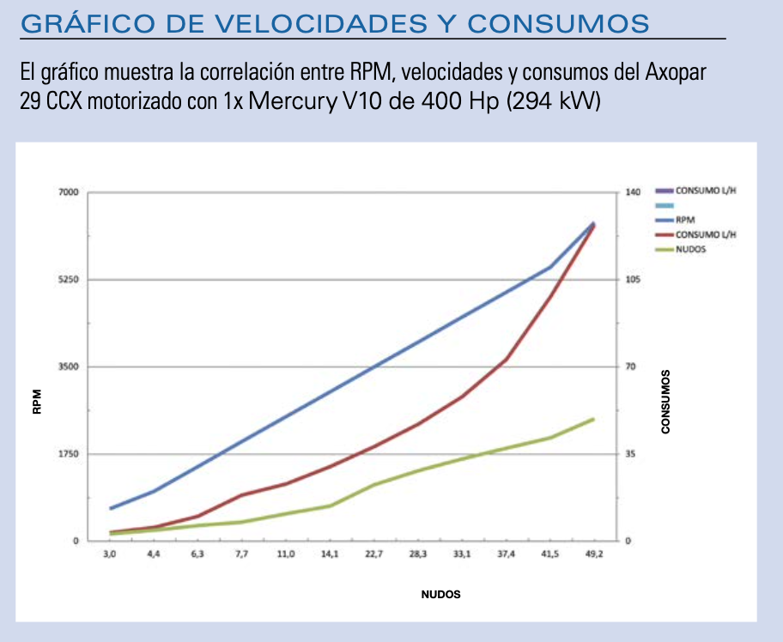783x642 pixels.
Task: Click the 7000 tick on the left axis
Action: [69, 192]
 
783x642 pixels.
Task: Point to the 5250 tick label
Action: [69, 280]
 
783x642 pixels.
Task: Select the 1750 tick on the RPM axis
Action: [69, 454]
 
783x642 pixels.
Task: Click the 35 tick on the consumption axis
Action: [629, 454]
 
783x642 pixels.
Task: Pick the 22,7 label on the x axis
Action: [373, 555]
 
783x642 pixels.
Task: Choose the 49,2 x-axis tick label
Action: [593, 555]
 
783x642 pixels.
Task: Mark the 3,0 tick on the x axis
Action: [110, 555]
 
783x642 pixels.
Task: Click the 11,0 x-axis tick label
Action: [286, 555]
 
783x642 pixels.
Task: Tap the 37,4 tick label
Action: [506, 555]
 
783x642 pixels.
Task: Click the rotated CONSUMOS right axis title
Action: [665, 402]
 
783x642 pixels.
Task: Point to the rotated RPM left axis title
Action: [37, 402]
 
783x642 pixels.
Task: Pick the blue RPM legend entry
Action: [685, 221]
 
